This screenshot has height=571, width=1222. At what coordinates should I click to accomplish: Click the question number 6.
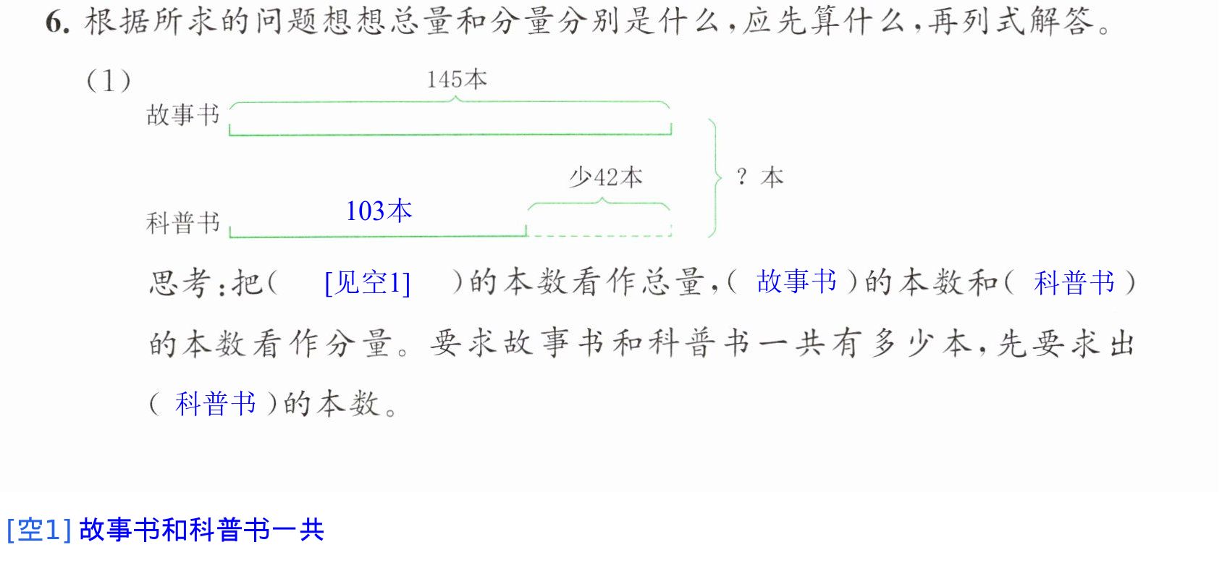tap(57, 23)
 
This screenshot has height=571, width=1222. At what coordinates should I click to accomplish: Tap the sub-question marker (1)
tap(109, 82)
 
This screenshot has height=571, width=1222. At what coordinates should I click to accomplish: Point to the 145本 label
tap(456, 80)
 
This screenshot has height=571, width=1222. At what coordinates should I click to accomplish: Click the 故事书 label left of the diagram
tap(183, 115)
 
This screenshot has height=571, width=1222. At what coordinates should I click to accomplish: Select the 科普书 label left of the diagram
tap(183, 223)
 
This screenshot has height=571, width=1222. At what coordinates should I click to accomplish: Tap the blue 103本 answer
tap(379, 211)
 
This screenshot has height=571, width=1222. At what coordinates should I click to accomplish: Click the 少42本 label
tap(605, 177)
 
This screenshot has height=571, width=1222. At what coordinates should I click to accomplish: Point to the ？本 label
tap(759, 178)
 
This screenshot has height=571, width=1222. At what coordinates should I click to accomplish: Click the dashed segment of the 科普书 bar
tap(599, 236)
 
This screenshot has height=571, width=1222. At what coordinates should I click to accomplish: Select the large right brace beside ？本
tap(714, 178)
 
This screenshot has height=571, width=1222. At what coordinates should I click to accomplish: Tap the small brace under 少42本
tap(599, 203)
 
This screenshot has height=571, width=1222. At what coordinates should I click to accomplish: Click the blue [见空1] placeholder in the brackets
tap(367, 283)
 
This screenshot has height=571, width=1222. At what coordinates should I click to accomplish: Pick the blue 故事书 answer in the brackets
tap(796, 282)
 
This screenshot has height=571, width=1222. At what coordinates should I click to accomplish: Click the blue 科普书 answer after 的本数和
tap(1074, 283)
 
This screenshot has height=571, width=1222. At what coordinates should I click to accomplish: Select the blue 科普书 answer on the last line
tap(216, 404)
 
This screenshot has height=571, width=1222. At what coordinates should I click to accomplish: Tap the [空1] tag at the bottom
tap(39, 530)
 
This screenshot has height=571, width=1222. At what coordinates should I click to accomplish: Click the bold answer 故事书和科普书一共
tap(202, 530)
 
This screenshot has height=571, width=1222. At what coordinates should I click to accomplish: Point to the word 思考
tap(180, 283)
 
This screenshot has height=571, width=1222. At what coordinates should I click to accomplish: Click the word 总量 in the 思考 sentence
tap(673, 283)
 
